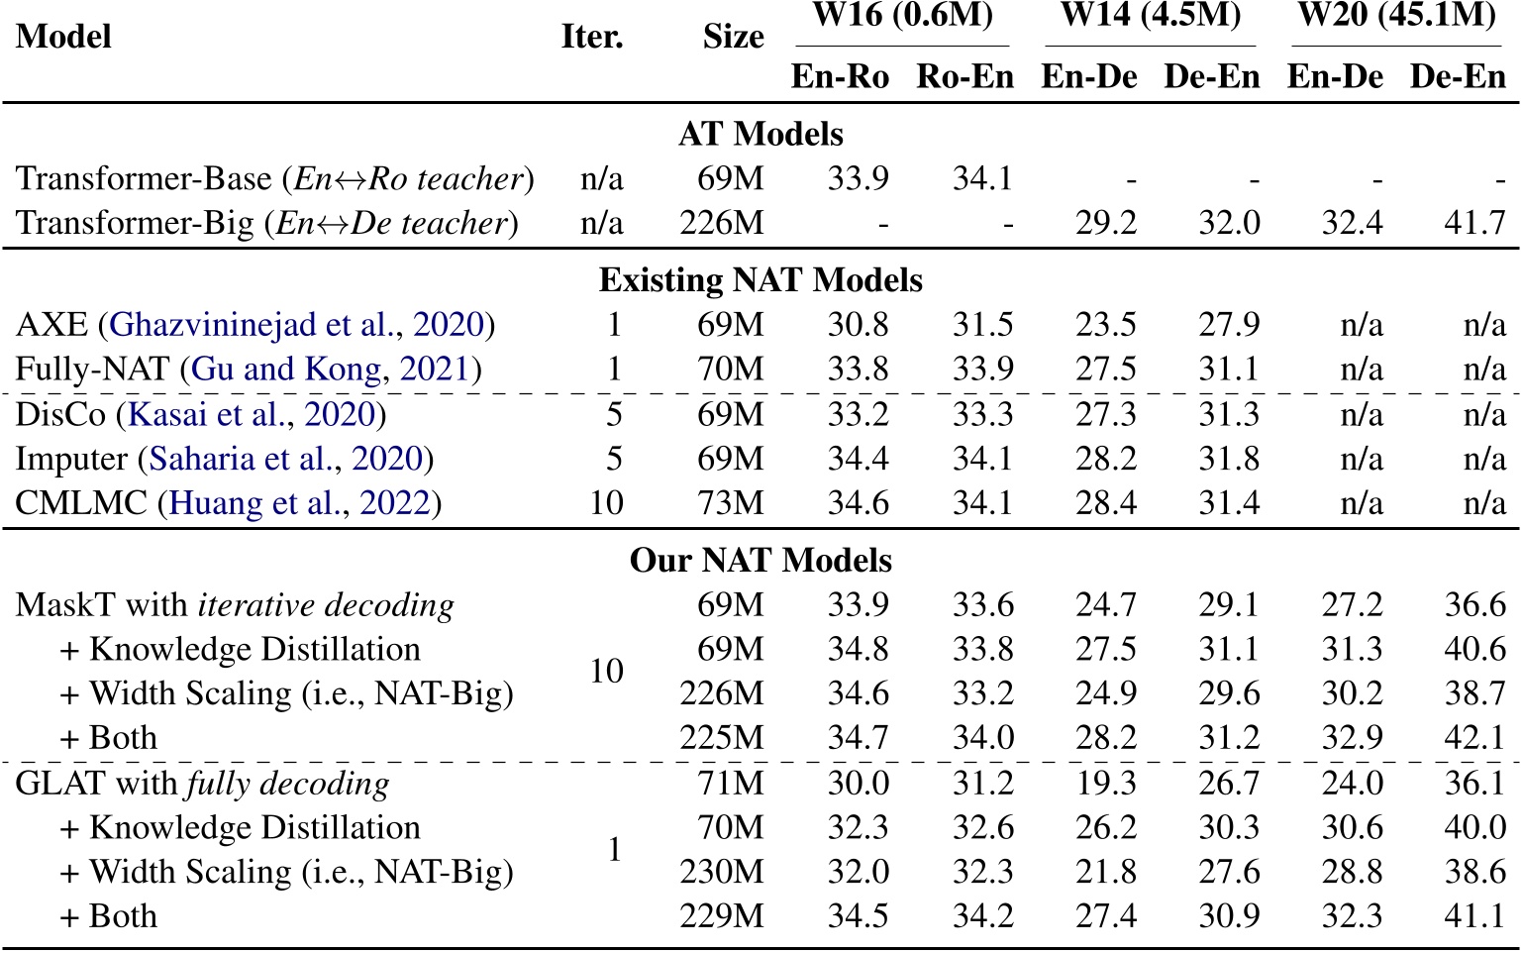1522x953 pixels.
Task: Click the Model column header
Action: tap(63, 37)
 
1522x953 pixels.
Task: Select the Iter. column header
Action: tap(592, 37)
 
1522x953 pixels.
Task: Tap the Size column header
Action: tap(733, 37)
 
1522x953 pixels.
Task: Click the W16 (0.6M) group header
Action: tap(902, 16)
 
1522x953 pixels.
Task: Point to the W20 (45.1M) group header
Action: tap(1396, 16)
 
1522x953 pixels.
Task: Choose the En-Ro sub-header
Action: tap(840, 77)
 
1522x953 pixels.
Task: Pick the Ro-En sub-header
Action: tap(964, 77)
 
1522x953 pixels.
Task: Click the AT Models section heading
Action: tap(761, 135)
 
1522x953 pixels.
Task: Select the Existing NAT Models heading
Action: tap(761, 280)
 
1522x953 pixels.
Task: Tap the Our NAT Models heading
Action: tap(761, 561)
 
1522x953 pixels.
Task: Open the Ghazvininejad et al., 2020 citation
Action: tap(297, 325)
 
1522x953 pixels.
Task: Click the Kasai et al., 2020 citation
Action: tap(252, 414)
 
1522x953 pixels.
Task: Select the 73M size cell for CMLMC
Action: tap(731, 503)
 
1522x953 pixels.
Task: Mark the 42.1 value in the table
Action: tap(1474, 738)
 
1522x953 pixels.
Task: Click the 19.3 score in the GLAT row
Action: tap(1106, 784)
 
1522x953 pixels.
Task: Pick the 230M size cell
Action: tap(722, 872)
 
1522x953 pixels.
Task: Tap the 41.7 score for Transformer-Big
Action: tap(1474, 223)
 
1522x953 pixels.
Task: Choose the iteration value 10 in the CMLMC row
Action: tap(606, 503)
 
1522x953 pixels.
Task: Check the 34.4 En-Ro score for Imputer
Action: tap(858, 459)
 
